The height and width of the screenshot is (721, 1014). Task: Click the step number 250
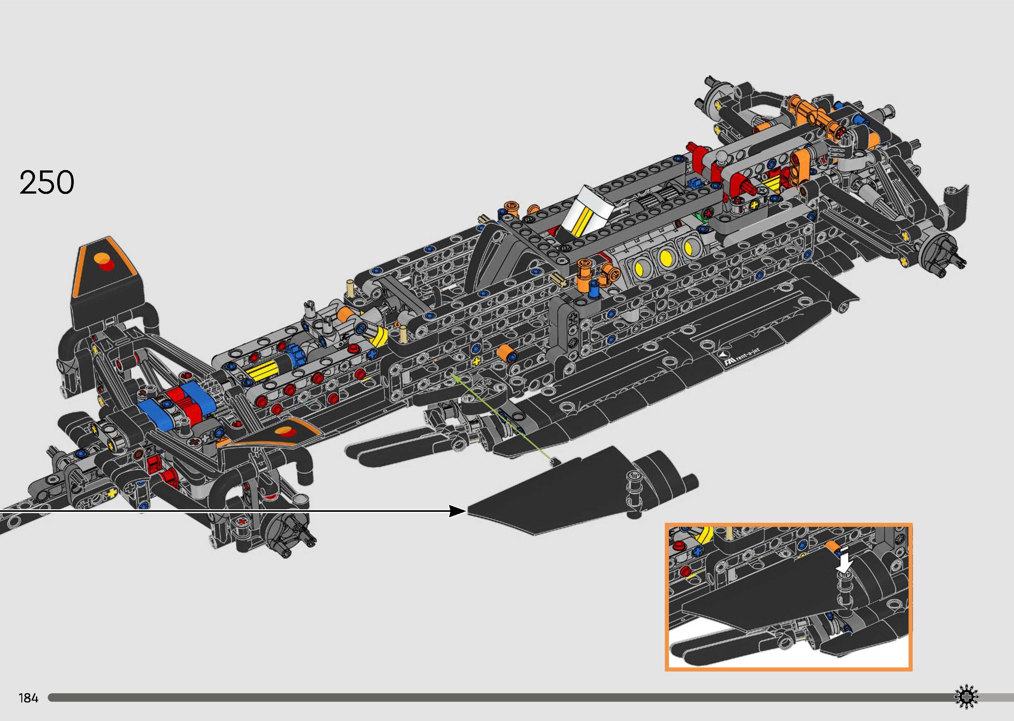(x=47, y=182)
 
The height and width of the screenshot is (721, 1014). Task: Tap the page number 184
(x=28, y=698)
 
